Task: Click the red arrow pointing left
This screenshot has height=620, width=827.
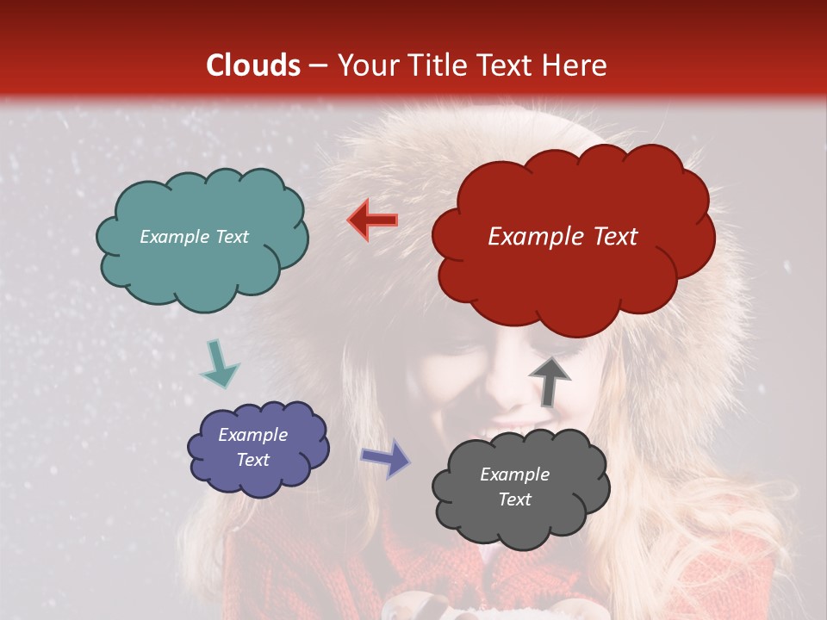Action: click(x=372, y=220)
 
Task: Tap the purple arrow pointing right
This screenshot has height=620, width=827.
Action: click(x=386, y=457)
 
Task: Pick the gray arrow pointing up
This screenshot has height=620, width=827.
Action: click(x=550, y=380)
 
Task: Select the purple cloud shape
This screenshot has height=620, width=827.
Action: click(x=257, y=448)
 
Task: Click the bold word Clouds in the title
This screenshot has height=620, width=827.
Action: click(x=253, y=65)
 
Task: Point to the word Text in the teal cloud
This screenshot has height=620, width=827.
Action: click(x=230, y=237)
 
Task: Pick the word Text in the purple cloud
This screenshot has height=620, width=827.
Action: click(x=252, y=460)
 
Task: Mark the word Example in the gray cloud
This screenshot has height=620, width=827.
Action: click(x=514, y=474)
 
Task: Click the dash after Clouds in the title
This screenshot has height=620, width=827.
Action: click(x=316, y=66)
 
